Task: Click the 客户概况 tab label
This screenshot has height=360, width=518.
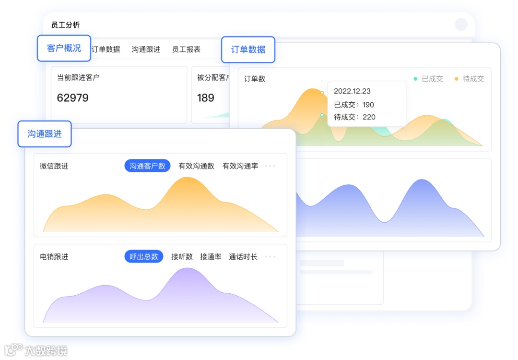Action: click(x=64, y=48)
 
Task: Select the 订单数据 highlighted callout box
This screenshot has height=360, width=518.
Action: click(x=248, y=49)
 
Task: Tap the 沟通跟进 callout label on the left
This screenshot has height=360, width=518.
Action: click(x=45, y=134)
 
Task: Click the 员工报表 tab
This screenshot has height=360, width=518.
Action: click(x=186, y=49)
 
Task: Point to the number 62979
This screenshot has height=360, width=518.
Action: click(x=73, y=98)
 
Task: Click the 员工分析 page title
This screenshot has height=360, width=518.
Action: click(x=66, y=25)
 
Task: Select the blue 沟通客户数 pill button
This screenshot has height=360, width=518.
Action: click(x=147, y=166)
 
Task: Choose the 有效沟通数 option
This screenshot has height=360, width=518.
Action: click(x=196, y=166)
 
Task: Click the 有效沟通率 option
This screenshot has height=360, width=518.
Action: click(x=240, y=166)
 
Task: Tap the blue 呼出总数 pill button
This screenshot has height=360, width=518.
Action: click(x=144, y=257)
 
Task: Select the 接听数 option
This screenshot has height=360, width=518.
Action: click(x=182, y=257)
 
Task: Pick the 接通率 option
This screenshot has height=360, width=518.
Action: click(x=211, y=257)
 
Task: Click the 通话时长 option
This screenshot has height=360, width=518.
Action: click(x=243, y=257)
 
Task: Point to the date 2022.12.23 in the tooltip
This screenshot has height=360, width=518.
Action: click(x=352, y=91)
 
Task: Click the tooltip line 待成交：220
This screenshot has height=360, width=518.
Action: click(x=354, y=117)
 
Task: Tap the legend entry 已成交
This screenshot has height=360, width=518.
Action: click(x=428, y=79)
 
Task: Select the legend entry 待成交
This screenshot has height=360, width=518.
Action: click(x=470, y=79)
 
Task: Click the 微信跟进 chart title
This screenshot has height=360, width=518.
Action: click(x=54, y=166)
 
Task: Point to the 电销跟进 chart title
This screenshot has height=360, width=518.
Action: click(x=54, y=257)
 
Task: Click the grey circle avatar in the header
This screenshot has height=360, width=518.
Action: click(x=461, y=24)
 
